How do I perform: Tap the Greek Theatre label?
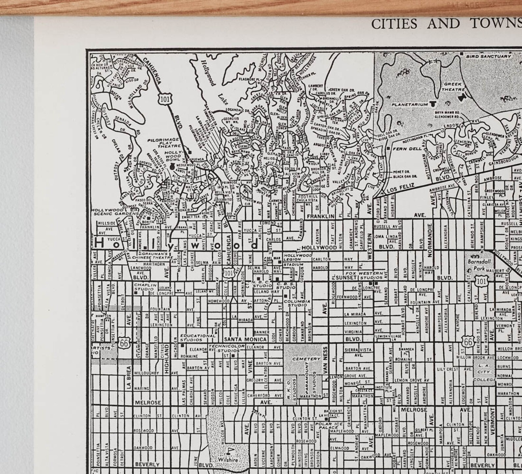pyautogui.click(x=453, y=86)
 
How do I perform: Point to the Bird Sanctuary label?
pyautogui.click(x=488, y=56)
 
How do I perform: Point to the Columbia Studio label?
pyautogui.click(x=297, y=303)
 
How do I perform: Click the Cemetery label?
pyautogui.click(x=305, y=359)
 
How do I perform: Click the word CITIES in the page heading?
pyautogui.click(x=394, y=24)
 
